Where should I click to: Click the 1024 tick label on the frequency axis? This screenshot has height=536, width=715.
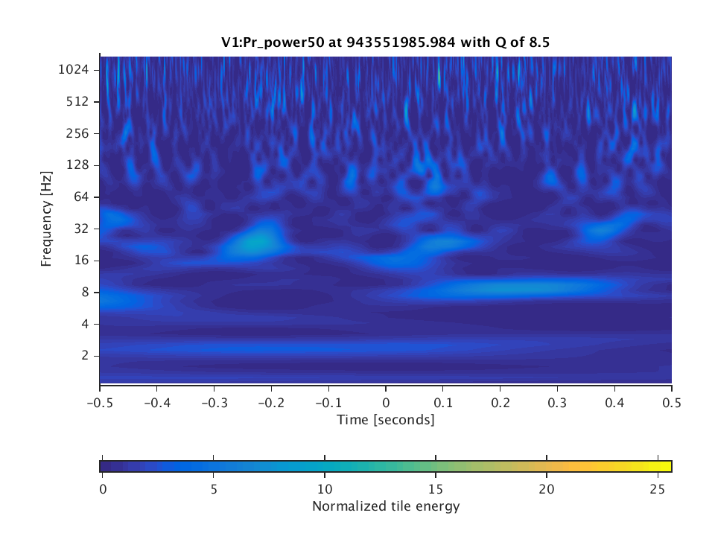point(74,69)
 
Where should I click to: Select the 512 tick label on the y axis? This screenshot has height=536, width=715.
point(78,101)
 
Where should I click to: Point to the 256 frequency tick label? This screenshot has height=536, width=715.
point(78,133)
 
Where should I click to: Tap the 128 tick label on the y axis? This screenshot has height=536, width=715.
point(78,165)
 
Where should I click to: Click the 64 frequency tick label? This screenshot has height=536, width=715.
point(81,197)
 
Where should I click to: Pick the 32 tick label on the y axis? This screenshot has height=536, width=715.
point(81,229)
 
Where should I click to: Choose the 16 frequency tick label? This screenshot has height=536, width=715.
point(81,261)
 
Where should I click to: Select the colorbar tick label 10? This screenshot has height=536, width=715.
point(325,490)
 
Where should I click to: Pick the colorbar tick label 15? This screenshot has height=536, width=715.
point(436,490)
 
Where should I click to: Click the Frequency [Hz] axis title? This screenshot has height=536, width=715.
point(47,220)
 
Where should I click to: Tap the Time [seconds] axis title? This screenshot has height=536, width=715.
point(385,420)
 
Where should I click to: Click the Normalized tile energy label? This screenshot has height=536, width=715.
point(385,507)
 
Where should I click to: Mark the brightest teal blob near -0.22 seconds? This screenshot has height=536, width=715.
point(256,241)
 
